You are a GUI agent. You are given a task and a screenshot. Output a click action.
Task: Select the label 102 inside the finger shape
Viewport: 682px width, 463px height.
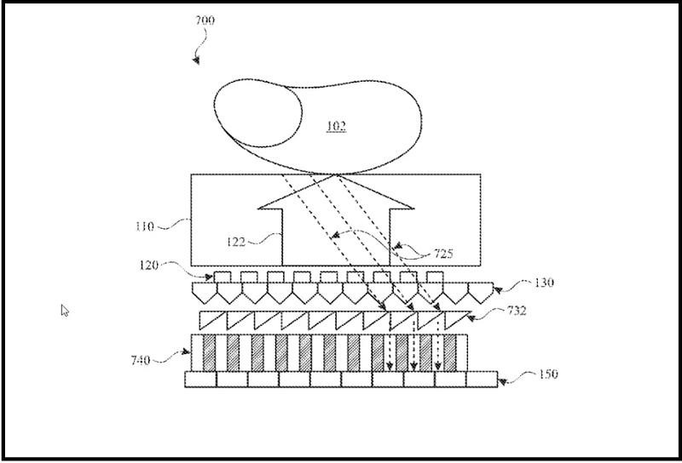point(338,127)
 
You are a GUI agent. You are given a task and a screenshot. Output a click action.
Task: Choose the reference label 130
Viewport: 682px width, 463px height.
point(542,282)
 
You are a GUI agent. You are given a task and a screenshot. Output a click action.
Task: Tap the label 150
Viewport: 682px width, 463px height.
point(550,374)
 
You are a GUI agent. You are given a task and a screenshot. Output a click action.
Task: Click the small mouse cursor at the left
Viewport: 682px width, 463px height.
point(65,310)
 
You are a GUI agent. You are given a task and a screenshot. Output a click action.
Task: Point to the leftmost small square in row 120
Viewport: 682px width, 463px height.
point(222,277)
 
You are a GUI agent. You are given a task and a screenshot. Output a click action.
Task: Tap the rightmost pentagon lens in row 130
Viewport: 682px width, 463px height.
point(480,293)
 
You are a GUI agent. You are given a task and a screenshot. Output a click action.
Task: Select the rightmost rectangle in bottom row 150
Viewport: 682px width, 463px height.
point(482,379)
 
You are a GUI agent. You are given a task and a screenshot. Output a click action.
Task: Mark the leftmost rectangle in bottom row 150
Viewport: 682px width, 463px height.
point(200,379)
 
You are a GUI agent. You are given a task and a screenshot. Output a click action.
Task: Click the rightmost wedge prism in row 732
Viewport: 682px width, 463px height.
point(456,320)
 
